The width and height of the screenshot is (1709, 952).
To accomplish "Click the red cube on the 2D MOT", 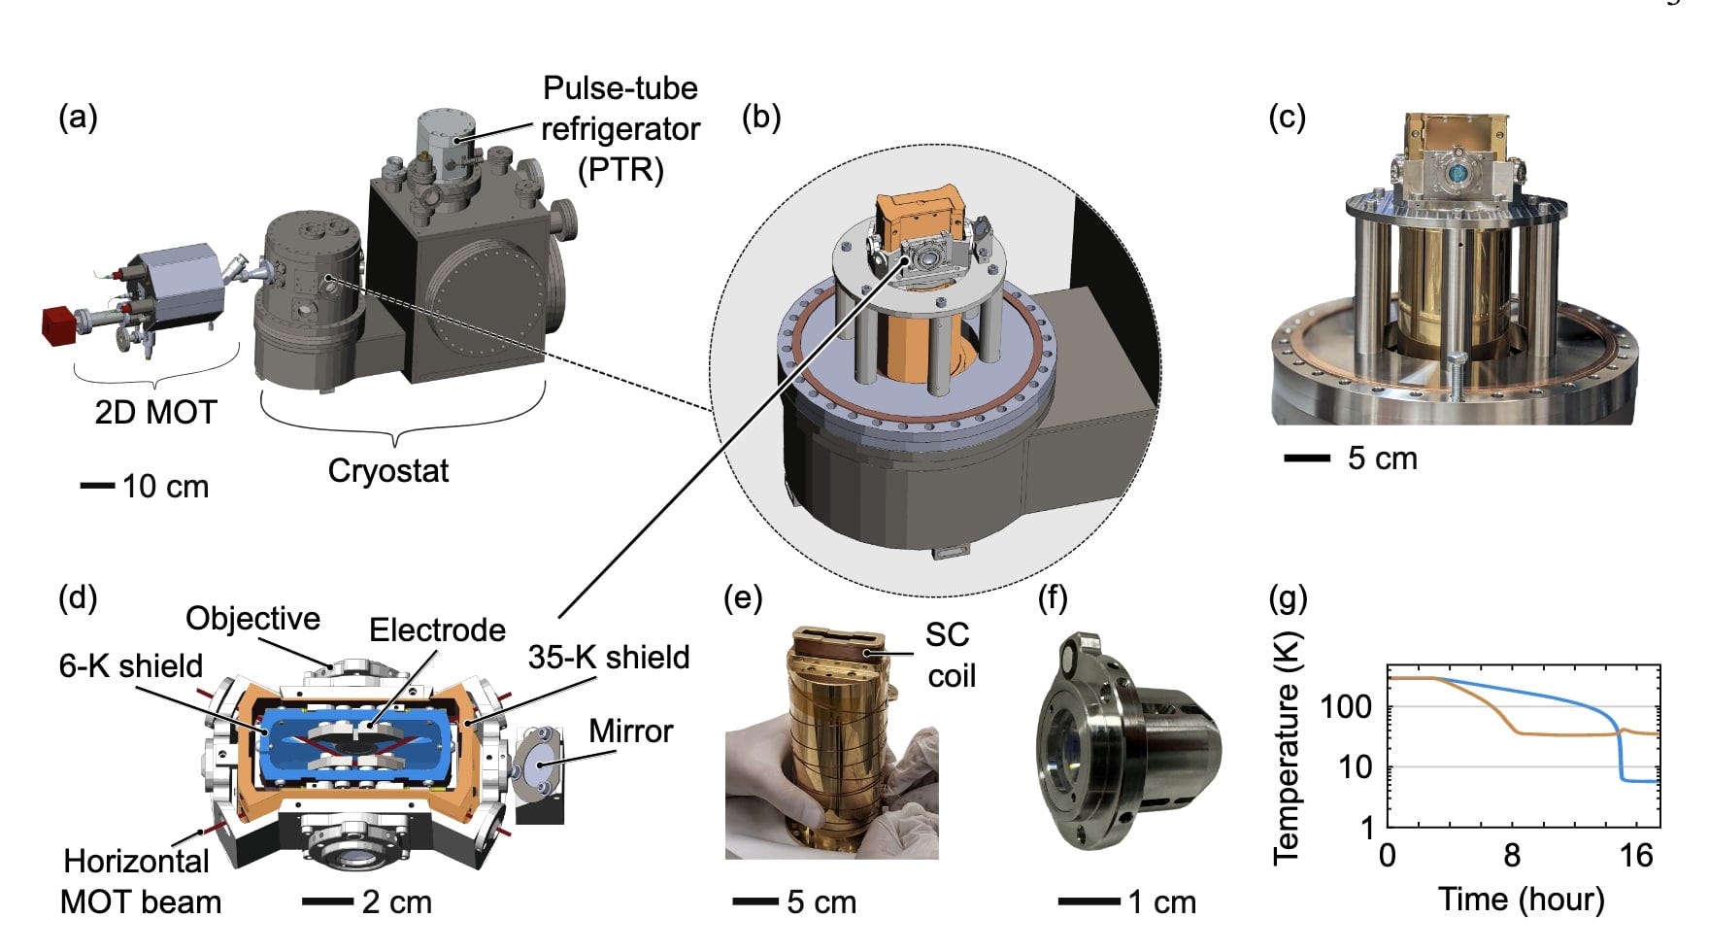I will click(60, 324).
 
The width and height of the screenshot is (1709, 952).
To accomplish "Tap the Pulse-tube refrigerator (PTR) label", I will click(620, 129).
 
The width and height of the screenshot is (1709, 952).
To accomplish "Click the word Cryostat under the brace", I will click(388, 471).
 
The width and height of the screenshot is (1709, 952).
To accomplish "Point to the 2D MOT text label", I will click(155, 413).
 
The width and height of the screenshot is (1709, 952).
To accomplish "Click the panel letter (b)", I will click(760, 117).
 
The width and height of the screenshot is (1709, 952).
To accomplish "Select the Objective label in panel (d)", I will click(252, 619).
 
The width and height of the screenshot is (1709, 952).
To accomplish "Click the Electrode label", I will click(437, 630).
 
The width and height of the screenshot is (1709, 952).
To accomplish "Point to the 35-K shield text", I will click(609, 658).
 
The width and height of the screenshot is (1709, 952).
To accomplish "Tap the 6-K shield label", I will click(131, 666).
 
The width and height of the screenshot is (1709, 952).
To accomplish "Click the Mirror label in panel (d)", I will click(631, 731).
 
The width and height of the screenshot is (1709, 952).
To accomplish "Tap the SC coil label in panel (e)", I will click(949, 655).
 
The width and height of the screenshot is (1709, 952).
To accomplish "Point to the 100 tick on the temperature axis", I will click(1347, 706).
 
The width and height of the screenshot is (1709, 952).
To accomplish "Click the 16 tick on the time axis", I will click(1636, 855).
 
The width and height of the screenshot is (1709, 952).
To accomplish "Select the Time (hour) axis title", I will click(1521, 900).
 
